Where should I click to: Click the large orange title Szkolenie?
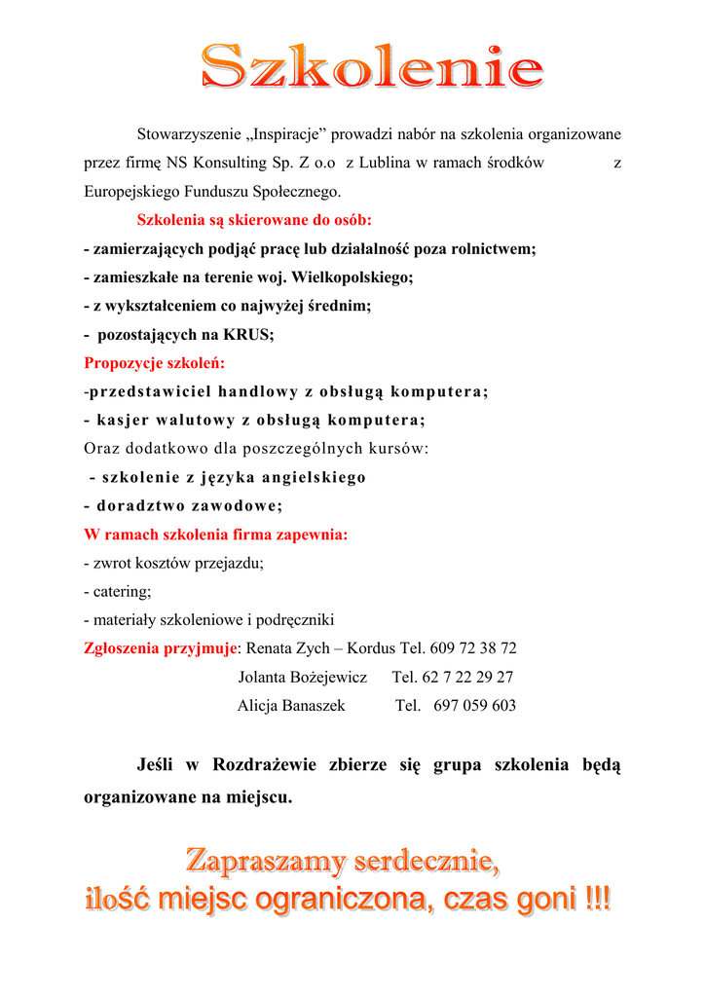pyautogui.click(x=371, y=68)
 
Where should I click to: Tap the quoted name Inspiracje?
pyautogui.click(x=290, y=133)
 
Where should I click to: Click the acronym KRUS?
pyautogui.click(x=246, y=335)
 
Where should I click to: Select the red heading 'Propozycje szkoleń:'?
pyautogui.click(x=154, y=363)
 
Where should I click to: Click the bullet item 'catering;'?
pyautogui.click(x=121, y=591)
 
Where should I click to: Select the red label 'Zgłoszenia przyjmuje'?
pyautogui.click(x=161, y=648)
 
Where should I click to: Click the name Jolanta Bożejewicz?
pyautogui.click(x=302, y=677)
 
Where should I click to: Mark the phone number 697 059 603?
pyautogui.click(x=474, y=706)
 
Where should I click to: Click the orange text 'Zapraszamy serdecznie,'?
pyautogui.click(x=343, y=861)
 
